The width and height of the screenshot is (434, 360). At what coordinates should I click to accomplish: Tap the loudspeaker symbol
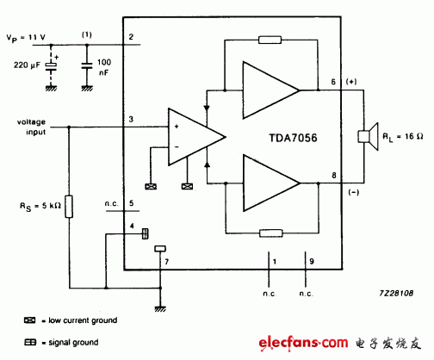[366, 136]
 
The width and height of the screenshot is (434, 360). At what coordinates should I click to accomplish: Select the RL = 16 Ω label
[401, 135]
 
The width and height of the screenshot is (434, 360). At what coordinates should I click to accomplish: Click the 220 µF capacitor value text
[24, 65]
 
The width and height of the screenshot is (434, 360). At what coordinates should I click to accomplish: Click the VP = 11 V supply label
[28, 38]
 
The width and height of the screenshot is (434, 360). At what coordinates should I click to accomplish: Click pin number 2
[130, 37]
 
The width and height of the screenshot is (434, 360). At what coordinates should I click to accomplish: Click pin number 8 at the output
[321, 177]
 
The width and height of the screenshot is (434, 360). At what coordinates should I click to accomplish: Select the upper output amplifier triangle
[269, 89]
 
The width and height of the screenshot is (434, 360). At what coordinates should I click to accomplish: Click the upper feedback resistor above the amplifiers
[270, 40]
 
